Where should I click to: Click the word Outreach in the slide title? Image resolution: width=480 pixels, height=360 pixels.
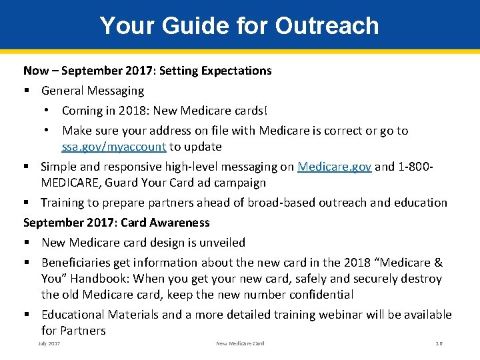click(x=327, y=26)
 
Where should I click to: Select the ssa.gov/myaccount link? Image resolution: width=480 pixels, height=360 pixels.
click(x=113, y=147)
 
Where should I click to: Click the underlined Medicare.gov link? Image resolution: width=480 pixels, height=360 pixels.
click(x=334, y=167)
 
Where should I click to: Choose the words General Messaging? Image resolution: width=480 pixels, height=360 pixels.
click(x=92, y=91)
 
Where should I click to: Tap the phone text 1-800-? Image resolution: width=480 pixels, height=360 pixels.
click(x=417, y=167)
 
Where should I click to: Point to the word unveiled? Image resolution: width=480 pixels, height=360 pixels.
click(x=221, y=243)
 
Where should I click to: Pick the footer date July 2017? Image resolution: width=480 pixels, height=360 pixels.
click(x=49, y=343)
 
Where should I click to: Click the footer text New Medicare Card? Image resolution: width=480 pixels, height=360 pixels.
click(x=240, y=343)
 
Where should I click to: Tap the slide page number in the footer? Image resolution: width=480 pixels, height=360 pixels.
click(x=439, y=343)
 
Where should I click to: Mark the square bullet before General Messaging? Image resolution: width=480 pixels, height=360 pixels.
click(x=27, y=91)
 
